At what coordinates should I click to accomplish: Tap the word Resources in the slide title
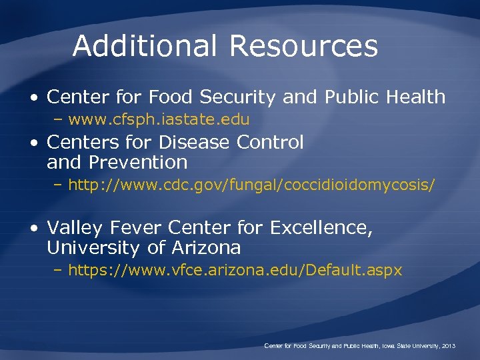[304, 46]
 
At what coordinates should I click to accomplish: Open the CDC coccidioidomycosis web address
[252, 185]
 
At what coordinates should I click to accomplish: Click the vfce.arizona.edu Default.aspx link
[235, 270]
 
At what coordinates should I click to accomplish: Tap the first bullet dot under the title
[34, 97]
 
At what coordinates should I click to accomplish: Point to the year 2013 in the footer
[447, 346]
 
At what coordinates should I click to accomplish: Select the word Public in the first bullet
[351, 97]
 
